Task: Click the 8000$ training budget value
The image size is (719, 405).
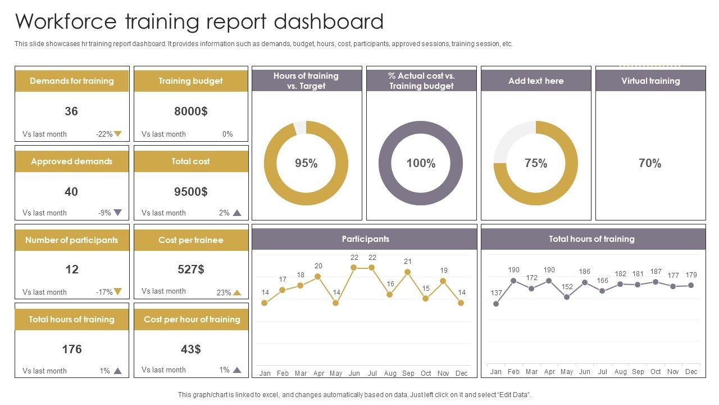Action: click(x=190, y=111)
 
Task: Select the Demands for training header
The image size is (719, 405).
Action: click(x=72, y=81)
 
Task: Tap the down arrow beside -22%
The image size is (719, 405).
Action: click(x=118, y=134)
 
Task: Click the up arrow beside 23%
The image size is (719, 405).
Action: click(x=237, y=292)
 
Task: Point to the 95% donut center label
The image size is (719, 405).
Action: click(x=306, y=163)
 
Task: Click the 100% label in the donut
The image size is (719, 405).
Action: click(x=421, y=163)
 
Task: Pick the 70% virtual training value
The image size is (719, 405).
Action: click(x=650, y=163)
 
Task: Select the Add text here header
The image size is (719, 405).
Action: click(x=536, y=81)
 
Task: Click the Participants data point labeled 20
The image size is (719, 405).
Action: click(x=318, y=277)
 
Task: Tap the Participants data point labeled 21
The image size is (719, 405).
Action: click(x=408, y=272)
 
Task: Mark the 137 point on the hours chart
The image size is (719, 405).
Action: click(x=496, y=304)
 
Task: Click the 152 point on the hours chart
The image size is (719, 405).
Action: click(x=567, y=297)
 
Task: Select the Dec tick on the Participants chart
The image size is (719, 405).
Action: click(x=461, y=373)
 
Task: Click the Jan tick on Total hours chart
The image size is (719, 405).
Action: click(x=495, y=371)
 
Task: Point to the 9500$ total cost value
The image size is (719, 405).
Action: click(x=190, y=192)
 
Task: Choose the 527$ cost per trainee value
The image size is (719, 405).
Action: click(x=190, y=269)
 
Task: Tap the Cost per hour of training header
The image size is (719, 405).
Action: click(x=192, y=319)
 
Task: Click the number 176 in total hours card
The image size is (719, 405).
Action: click(x=72, y=349)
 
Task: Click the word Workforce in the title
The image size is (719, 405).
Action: click(x=66, y=21)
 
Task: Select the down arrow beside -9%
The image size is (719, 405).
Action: click(x=118, y=213)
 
